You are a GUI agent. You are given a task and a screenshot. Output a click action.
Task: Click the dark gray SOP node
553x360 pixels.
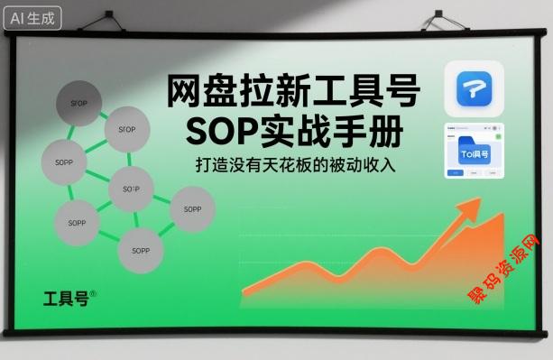[79, 101]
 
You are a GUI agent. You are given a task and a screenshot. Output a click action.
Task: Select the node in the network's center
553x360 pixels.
[131, 189]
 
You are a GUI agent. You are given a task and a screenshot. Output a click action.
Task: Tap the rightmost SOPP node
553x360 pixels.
[192, 208]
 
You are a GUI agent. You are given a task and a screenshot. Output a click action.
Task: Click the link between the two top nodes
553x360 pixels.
[104, 115]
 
